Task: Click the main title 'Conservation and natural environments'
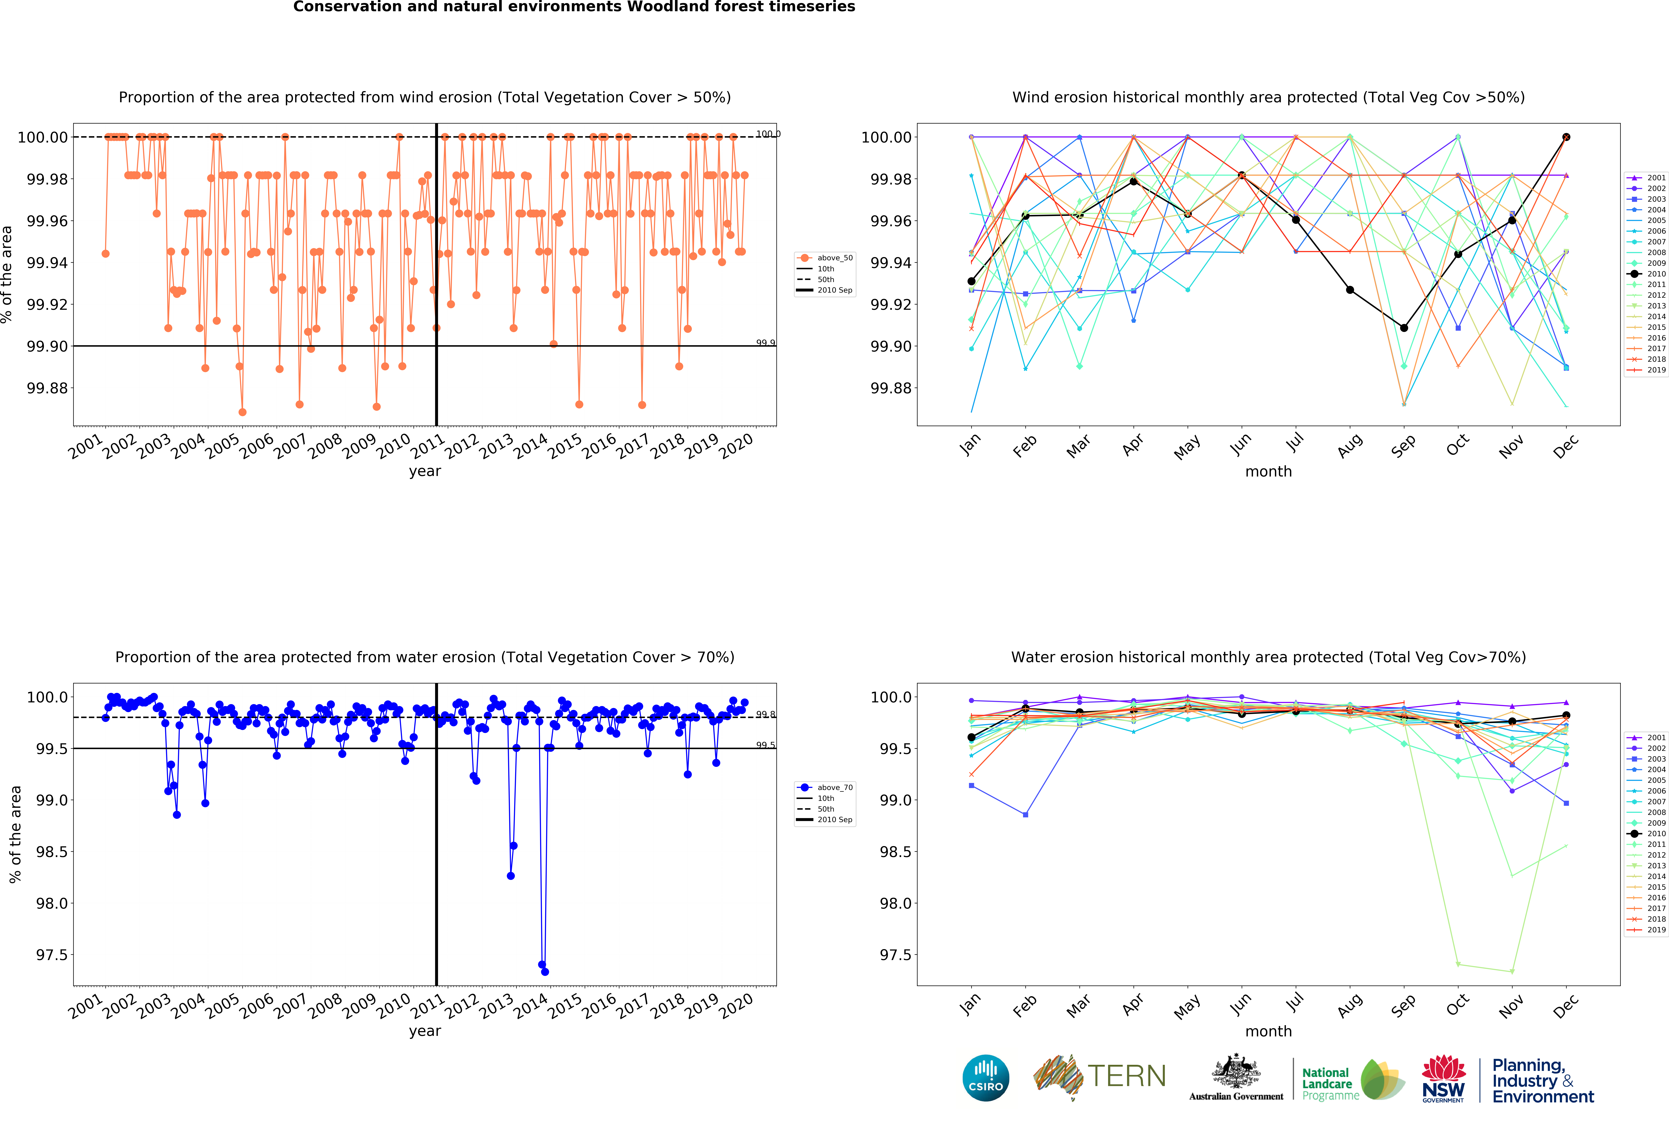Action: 573,7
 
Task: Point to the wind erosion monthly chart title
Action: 1268,97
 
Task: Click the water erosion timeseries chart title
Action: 425,657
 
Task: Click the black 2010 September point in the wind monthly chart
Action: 1404,328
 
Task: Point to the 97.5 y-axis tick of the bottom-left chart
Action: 52,955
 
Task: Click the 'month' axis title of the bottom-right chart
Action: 1268,1031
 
